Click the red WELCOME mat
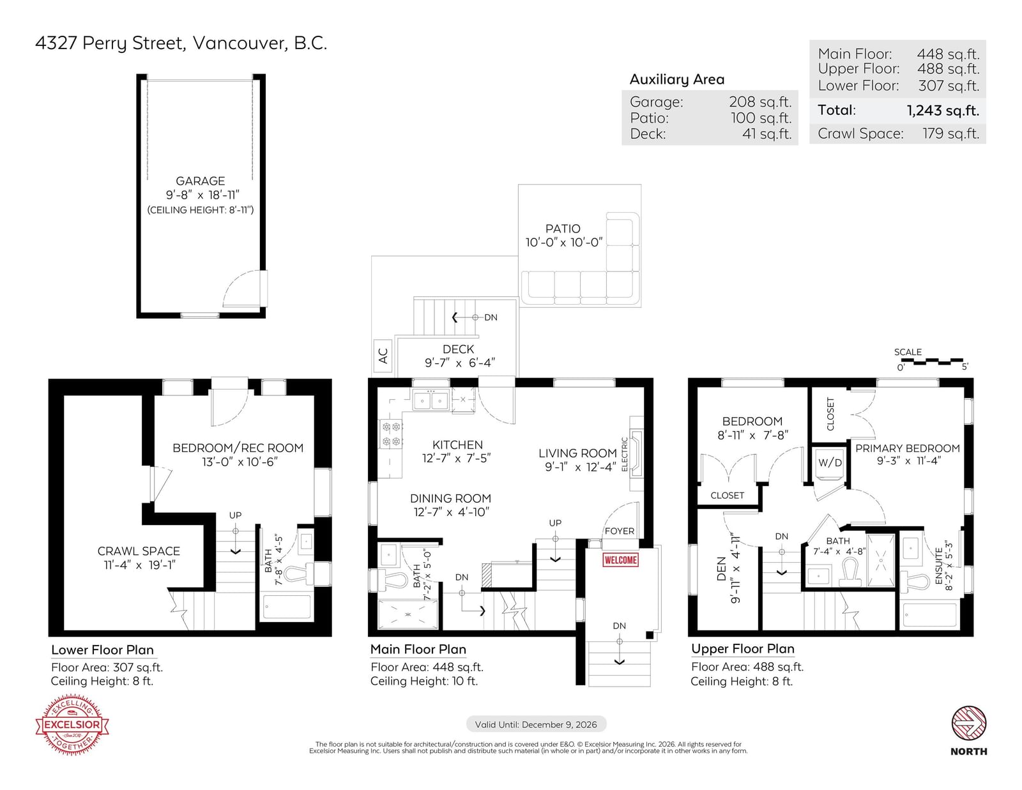tap(620, 560)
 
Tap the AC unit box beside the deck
tap(383, 356)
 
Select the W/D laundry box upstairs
tap(830, 463)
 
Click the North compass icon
tap(969, 723)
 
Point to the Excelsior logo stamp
tap(72, 724)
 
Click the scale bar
tap(932, 361)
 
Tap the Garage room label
tap(201, 181)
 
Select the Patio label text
tap(563, 229)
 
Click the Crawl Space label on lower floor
tap(139, 551)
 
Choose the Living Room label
tap(577, 453)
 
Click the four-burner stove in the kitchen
tap(392, 434)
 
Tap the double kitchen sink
tap(431, 400)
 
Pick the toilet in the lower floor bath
tap(299, 574)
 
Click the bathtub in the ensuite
tap(930, 615)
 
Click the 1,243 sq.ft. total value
tap(943, 110)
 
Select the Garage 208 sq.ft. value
tap(760, 102)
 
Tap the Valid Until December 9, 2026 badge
tap(536, 724)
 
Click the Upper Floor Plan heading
tap(743, 649)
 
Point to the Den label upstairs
tap(721, 568)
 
